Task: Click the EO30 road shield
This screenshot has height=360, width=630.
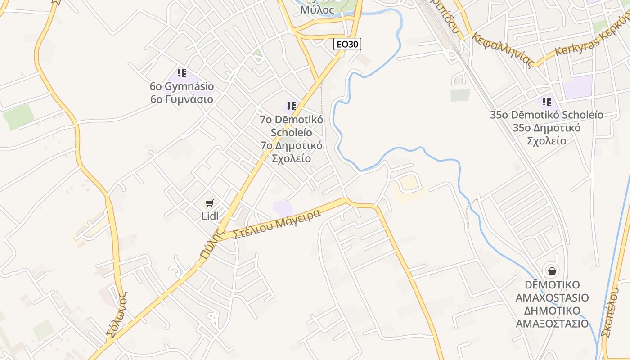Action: [x=347, y=44]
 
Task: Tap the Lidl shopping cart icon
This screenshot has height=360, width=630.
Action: [x=210, y=203]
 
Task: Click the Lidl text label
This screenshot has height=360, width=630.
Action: [x=210, y=216]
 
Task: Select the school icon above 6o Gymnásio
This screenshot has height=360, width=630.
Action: [x=182, y=72]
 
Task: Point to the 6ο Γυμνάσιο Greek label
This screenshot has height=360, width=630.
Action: [x=182, y=99]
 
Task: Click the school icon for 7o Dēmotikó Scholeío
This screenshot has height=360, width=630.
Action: [x=292, y=106]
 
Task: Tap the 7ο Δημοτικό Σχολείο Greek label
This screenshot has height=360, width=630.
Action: [x=292, y=152]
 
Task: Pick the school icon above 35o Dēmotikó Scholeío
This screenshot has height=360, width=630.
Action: [x=547, y=101]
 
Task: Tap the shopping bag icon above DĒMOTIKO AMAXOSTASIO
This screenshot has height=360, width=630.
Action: [x=552, y=271]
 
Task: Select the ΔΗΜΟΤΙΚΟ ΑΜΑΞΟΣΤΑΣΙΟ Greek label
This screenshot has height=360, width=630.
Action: [x=552, y=317]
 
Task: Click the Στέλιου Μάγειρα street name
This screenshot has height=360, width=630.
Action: [x=277, y=223]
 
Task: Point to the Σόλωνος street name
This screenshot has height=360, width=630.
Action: [x=117, y=315]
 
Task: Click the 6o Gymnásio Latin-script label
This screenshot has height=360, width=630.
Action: [x=182, y=86]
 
